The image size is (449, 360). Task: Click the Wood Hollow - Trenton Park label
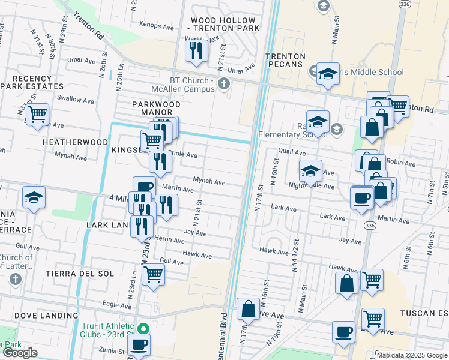click(225, 24)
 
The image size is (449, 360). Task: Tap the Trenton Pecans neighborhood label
click(286, 61)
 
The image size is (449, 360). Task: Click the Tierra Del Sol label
click(79, 274)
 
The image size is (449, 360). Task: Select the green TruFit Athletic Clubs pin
click(143, 329)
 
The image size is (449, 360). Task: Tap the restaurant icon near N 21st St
click(196, 52)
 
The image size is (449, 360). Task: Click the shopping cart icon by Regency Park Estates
click(38, 113)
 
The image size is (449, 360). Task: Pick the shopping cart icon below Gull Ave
click(154, 275)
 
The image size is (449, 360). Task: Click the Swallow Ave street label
click(71, 97)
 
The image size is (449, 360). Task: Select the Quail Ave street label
click(287, 152)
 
